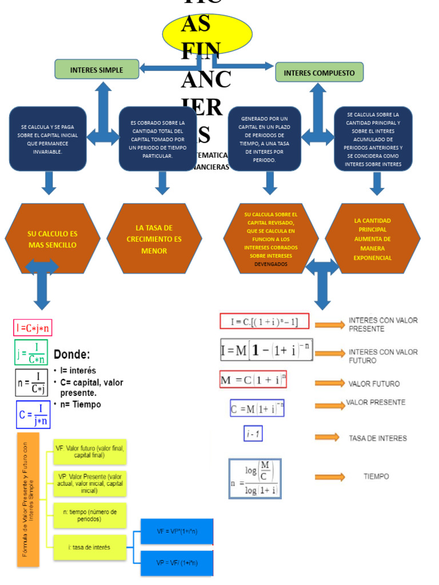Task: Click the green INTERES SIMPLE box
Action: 97,70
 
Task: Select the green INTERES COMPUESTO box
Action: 319,73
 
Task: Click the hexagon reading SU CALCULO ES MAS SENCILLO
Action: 52,239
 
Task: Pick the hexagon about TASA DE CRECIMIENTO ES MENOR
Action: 154,239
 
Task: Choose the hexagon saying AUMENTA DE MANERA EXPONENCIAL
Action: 373,239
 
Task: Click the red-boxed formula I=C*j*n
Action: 33,328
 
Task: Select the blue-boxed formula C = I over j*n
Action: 33,415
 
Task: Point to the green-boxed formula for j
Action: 31,353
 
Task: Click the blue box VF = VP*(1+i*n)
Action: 177,532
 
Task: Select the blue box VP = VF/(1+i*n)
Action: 177,563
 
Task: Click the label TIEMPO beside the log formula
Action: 376,476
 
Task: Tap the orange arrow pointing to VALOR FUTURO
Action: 330,383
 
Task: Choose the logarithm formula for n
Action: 255,479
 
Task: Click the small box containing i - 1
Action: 253,434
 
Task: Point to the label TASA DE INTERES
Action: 378,438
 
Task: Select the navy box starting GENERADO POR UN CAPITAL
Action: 264,139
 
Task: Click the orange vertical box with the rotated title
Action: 28,499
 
